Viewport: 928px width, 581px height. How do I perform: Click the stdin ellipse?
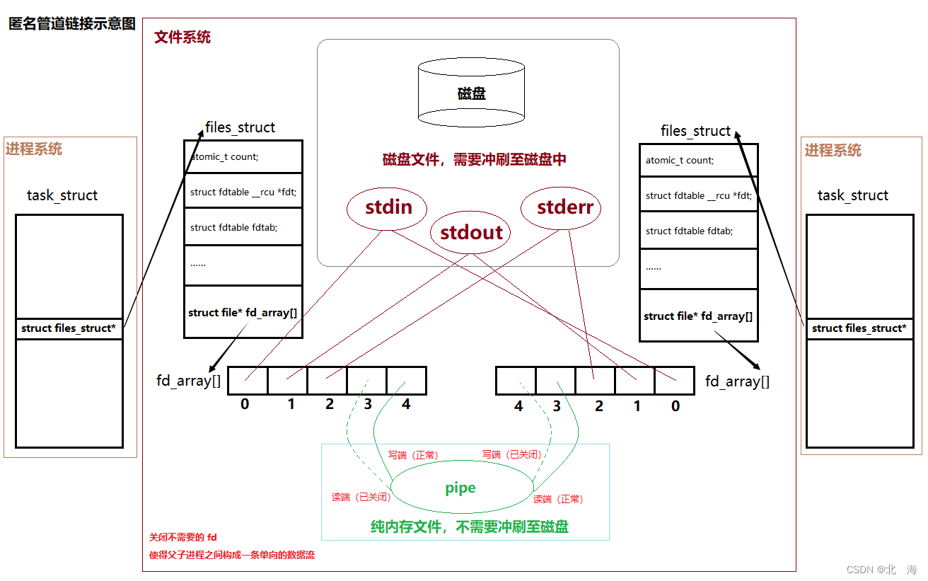point(388,207)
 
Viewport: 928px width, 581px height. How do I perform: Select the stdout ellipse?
point(471,232)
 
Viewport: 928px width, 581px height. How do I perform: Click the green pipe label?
point(460,488)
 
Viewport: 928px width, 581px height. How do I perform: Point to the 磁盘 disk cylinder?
point(471,93)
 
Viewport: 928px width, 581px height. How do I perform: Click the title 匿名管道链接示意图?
point(71,23)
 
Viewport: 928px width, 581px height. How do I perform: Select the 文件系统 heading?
point(182,38)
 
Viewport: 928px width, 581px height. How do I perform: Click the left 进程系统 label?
point(34,149)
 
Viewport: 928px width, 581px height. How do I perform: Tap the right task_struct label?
point(852,195)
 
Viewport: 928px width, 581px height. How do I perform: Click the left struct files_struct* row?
point(69,328)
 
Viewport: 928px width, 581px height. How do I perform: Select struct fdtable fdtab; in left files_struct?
point(233,227)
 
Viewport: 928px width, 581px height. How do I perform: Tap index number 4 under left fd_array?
point(406,405)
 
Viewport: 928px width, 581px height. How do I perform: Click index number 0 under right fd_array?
point(675,406)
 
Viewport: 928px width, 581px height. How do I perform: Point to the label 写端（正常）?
point(413,455)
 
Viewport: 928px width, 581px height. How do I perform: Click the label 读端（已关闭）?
point(361,497)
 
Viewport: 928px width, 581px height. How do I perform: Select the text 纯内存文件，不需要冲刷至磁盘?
point(470,527)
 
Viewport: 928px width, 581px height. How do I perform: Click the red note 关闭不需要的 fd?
point(182,538)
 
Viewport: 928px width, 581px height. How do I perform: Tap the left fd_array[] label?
point(188,381)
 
